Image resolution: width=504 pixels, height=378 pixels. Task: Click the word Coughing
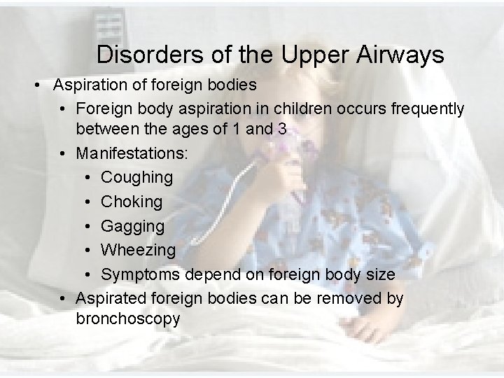[x=136, y=178]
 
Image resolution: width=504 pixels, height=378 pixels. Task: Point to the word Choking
[x=132, y=202]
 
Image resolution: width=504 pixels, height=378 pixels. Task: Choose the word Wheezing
[x=139, y=250]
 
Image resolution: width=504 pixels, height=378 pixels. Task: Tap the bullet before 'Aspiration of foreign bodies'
[x=40, y=85]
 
